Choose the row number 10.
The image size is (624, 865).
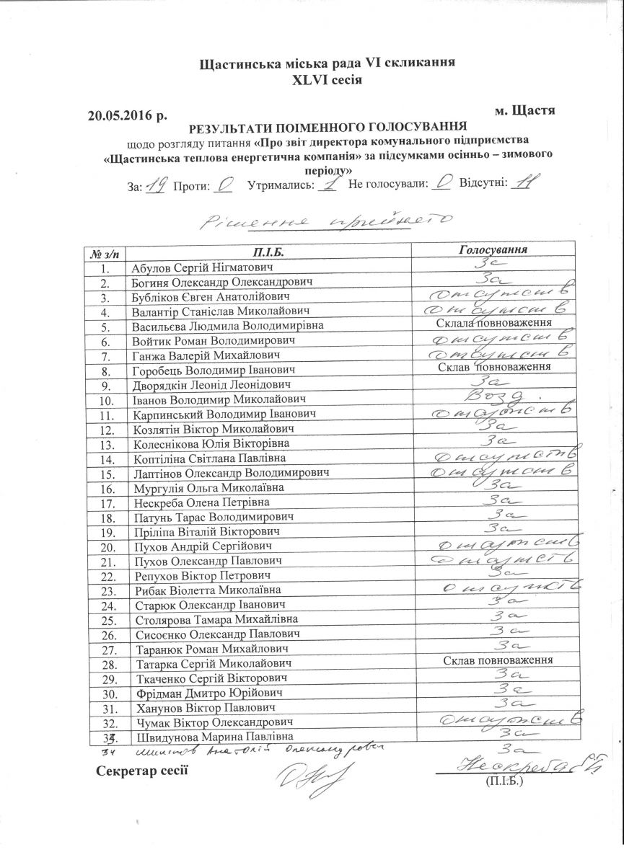(x=105, y=399)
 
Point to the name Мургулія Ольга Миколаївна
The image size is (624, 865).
(x=208, y=487)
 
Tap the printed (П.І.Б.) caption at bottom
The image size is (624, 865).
(x=505, y=781)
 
